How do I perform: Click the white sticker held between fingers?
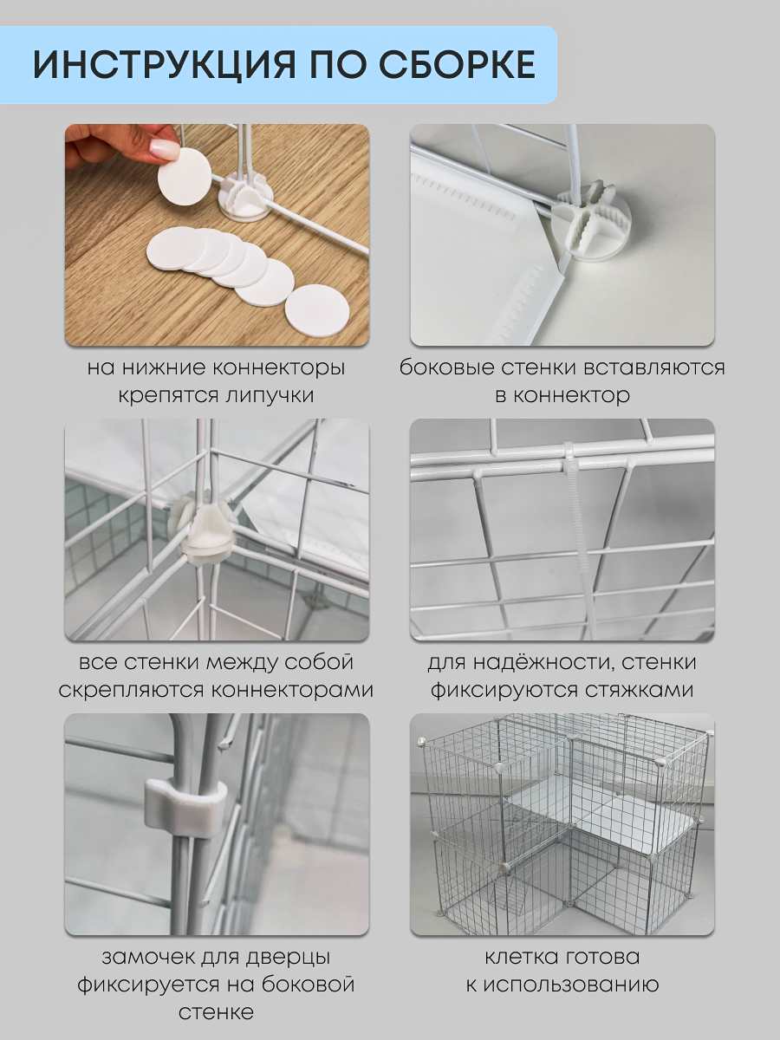tap(183, 176)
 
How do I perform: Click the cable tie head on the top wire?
tap(569, 457)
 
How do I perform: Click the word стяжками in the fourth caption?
tap(637, 691)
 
